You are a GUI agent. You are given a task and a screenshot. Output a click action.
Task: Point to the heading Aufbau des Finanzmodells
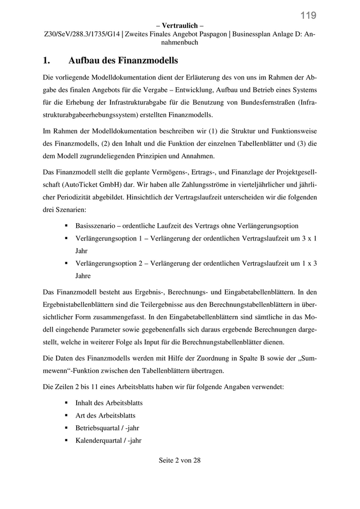123,61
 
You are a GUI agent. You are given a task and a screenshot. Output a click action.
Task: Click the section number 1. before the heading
46,61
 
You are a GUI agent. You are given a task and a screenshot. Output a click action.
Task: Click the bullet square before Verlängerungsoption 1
66,239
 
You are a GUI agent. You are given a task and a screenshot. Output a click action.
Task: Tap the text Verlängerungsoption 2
107,263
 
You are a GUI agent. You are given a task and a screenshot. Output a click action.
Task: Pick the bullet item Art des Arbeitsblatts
105,415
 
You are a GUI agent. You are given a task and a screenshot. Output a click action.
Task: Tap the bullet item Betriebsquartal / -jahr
107,428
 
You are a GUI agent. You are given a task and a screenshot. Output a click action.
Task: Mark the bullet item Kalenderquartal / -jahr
108,441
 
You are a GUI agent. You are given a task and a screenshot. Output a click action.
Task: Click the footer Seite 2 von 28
179,461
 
